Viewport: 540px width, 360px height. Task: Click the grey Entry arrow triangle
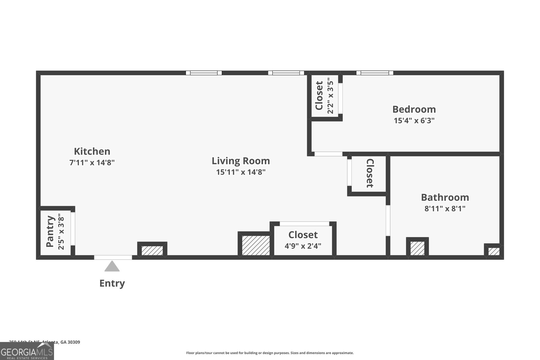112,267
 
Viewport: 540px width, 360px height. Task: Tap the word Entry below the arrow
112,283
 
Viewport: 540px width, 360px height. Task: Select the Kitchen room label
92,151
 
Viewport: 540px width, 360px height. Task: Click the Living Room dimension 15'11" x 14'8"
241,172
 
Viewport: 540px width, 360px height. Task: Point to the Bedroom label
414,109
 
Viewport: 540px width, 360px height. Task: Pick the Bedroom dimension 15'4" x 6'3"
414,120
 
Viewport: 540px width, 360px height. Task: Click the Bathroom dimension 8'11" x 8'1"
444,209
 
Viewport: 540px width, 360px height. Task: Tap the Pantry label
50,231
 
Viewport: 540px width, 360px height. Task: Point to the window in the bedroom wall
375,73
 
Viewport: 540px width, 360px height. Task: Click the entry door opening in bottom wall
113,257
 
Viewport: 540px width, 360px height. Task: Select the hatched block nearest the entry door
152,250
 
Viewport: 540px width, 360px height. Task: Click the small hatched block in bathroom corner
493,251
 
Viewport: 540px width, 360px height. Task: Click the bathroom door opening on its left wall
388,220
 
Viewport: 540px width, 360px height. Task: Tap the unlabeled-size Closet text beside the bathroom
370,173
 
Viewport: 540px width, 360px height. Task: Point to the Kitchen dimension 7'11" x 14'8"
92,163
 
